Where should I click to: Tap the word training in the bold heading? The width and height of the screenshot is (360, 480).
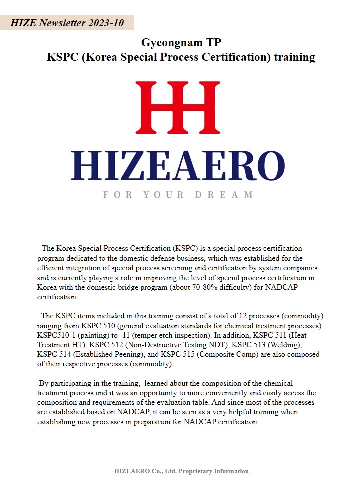[294, 57]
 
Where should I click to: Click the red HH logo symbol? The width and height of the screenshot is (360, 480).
[177, 107]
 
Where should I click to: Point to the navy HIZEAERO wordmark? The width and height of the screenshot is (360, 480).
[178, 166]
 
